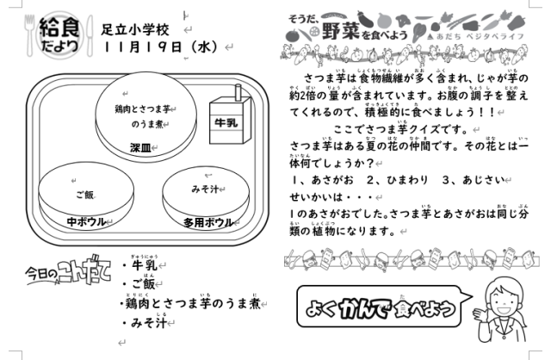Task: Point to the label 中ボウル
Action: point(86,220)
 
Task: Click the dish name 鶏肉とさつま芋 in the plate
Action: point(143,109)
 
